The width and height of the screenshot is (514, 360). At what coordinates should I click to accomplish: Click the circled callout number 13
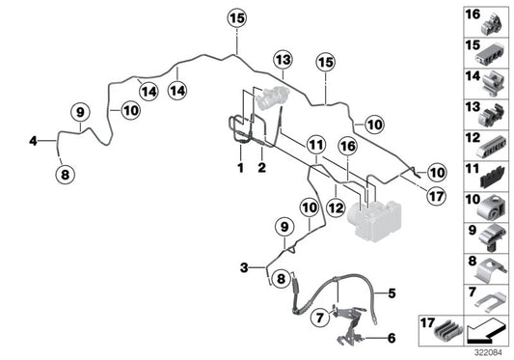[283, 60]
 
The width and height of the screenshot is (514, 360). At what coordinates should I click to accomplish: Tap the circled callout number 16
[347, 146]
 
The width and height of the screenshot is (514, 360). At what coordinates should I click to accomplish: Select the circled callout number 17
[436, 196]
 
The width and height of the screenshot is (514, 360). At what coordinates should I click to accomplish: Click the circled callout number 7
[320, 318]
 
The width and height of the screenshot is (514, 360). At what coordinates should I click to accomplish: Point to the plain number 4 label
[33, 141]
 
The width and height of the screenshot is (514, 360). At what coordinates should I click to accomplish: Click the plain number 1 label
[241, 168]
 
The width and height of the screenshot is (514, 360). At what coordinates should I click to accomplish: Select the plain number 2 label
[261, 168]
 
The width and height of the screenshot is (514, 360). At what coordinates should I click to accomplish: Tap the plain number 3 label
[244, 267]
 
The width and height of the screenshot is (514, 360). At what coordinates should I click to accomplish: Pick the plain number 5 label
[392, 293]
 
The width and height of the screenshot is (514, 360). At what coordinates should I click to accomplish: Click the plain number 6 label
[392, 338]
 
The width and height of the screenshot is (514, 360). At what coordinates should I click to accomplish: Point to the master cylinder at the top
[272, 97]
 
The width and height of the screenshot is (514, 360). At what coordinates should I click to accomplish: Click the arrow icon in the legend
[486, 331]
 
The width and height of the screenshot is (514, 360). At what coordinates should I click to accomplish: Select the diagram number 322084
[488, 353]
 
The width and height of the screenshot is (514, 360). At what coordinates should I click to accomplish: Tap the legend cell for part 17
[441, 330]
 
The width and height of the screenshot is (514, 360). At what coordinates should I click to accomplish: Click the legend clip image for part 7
[491, 301]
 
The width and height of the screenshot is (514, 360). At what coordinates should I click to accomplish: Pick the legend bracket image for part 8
[491, 271]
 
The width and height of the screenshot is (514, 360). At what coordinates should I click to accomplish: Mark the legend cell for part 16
[486, 22]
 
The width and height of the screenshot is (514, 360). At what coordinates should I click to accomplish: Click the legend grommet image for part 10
[492, 208]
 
